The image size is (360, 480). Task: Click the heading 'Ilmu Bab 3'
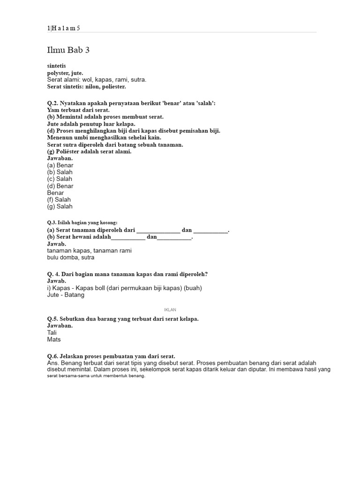coord(68,50)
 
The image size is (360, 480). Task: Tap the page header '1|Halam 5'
coord(64,28)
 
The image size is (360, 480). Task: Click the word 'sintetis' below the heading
coord(57,66)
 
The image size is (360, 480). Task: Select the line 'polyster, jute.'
coord(65,73)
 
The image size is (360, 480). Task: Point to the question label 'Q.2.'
coord(52,103)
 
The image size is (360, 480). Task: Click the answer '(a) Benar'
coord(60,165)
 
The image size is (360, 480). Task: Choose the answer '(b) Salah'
coord(60,172)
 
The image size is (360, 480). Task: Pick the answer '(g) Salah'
coord(60,206)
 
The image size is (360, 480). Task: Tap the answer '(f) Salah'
coord(59,200)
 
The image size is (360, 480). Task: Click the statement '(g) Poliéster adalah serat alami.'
coord(90,151)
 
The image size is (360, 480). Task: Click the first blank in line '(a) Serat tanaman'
coord(158,231)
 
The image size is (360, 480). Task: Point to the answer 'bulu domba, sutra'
coord(71,257)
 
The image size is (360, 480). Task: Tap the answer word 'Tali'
coord(52,333)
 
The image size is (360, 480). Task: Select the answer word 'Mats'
coord(54,339)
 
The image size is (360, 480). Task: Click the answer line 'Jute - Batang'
coord(66,295)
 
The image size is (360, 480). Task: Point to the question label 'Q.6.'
coord(52,356)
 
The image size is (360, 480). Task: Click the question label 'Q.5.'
coord(52,319)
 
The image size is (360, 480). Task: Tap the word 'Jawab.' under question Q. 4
coord(57,281)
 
